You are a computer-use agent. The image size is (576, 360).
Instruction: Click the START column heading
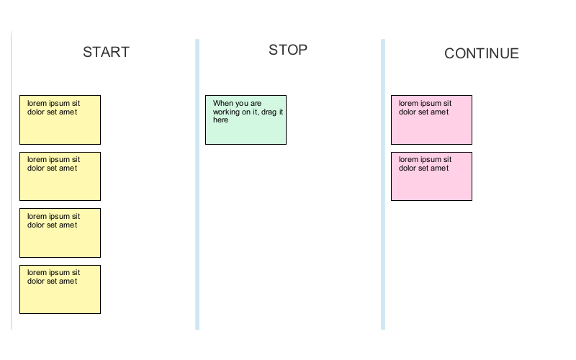106,52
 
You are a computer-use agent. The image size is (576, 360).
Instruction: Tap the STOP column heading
288,50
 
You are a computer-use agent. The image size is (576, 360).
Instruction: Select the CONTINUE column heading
481,53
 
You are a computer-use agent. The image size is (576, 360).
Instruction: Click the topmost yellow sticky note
60,120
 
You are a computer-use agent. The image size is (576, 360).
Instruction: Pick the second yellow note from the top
60,176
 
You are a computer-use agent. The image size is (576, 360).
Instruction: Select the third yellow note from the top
60,233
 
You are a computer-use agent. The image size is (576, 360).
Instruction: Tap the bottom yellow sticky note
60,289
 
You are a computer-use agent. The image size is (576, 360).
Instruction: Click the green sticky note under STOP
246,120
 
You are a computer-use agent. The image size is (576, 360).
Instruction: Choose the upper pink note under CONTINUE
431,120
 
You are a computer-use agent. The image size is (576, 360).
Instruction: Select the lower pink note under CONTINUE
431,176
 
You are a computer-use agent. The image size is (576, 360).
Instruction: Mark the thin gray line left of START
12,180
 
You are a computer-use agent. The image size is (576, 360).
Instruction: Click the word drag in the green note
269,112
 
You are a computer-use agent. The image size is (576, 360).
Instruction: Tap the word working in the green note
227,112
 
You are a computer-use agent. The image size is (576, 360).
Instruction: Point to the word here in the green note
220,120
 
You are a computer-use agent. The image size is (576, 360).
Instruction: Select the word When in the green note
223,103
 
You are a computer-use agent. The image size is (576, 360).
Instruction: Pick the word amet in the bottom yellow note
68,282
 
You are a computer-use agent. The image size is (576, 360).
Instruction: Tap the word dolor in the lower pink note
408,168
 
